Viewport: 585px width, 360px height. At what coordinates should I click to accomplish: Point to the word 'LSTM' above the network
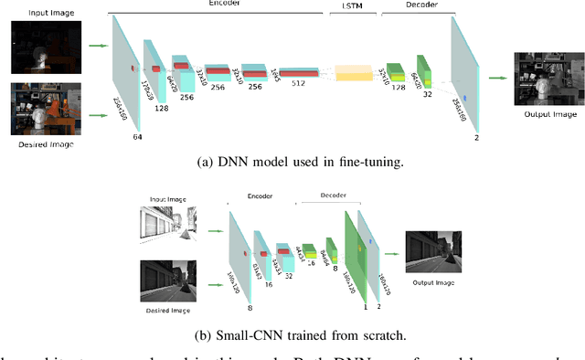click(351, 5)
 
